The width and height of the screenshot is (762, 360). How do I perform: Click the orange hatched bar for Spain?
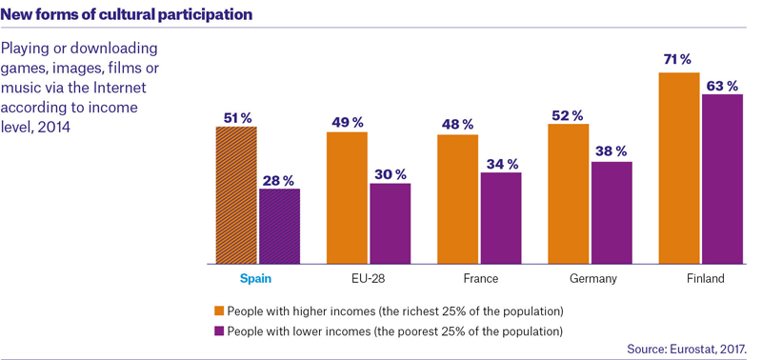(x=236, y=195)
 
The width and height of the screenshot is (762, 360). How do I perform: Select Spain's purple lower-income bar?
(x=279, y=227)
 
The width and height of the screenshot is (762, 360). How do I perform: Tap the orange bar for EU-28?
(x=347, y=198)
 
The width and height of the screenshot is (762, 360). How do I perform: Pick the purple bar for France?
(x=501, y=218)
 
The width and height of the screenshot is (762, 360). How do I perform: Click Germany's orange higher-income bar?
(x=568, y=194)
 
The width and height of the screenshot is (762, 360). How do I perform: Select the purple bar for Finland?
(x=722, y=179)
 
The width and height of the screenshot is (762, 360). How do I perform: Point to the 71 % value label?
(x=678, y=60)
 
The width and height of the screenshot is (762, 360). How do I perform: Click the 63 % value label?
(x=723, y=87)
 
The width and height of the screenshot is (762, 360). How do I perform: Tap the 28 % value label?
(x=279, y=181)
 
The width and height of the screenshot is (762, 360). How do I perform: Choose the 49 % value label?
(x=348, y=123)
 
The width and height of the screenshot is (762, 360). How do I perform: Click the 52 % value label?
(x=567, y=115)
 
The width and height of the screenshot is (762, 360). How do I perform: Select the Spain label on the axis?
(x=255, y=279)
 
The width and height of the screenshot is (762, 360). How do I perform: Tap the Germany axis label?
(x=592, y=279)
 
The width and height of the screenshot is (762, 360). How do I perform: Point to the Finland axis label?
(x=706, y=279)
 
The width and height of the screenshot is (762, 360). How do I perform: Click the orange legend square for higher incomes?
(x=219, y=310)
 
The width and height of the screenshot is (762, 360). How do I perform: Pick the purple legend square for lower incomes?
(x=219, y=331)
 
